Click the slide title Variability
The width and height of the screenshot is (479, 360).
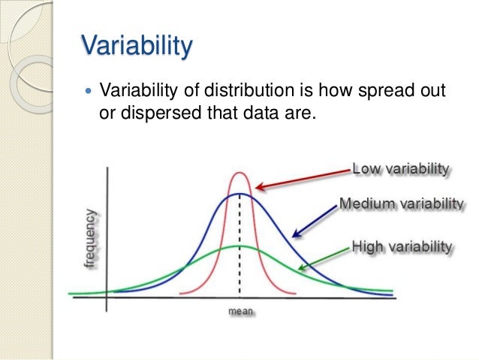(x=137, y=47)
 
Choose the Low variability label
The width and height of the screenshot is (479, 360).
(x=400, y=168)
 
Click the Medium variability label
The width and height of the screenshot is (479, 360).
(x=401, y=204)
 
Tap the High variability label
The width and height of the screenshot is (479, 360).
(x=402, y=247)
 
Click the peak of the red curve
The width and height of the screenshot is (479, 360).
(x=239, y=174)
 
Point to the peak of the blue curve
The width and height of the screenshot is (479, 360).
(x=239, y=194)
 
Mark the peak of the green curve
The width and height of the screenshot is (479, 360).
(x=239, y=247)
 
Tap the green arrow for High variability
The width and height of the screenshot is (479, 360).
(x=324, y=258)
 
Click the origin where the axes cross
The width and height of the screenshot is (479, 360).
(x=107, y=298)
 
